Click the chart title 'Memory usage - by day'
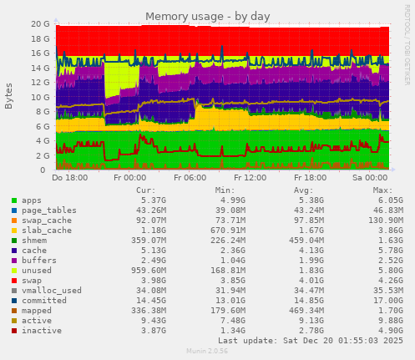[x=207, y=17]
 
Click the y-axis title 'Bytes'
[x=8, y=96]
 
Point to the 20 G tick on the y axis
[x=40, y=24]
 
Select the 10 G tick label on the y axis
[x=40, y=97]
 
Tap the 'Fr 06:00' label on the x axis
[x=190, y=178]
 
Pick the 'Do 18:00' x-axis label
[x=69, y=178]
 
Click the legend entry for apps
[x=31, y=201]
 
